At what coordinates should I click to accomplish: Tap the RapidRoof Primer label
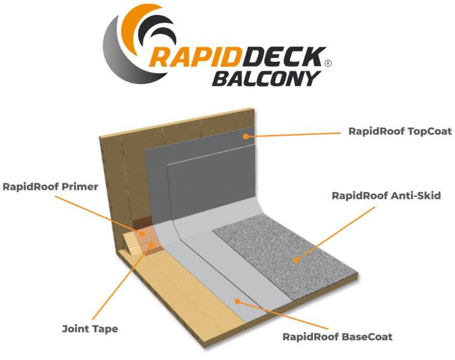[x=50, y=186]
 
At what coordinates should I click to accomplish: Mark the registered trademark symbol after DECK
[x=327, y=62]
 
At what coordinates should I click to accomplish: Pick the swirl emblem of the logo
[x=129, y=42]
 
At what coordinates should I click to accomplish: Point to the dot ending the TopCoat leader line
[x=245, y=136]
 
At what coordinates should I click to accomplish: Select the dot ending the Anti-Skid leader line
[x=295, y=260]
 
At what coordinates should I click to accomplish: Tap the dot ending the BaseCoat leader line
[x=237, y=302]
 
